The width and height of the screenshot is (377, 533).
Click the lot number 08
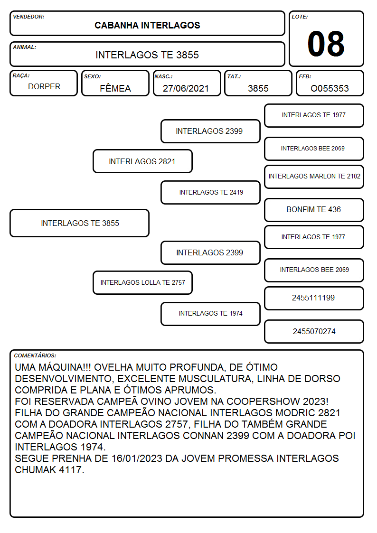tap(326, 44)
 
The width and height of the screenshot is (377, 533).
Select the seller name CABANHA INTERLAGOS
tap(147, 26)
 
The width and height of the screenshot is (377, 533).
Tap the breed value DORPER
tap(44, 87)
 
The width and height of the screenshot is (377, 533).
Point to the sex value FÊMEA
tap(115, 88)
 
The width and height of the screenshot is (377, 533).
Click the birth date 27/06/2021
tap(186, 88)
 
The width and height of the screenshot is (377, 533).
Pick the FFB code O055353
tap(330, 88)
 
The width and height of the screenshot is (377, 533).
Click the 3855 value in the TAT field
tap(258, 88)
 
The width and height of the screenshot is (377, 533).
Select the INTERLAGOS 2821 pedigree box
tap(142, 161)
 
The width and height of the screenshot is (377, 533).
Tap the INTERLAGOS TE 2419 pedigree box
tap(211, 192)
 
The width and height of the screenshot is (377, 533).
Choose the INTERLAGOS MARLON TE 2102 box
tap(314, 177)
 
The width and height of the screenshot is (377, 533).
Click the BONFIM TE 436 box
tap(314, 210)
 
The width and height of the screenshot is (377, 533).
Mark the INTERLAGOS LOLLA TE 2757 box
tap(142, 283)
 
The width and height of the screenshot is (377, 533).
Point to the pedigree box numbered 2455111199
tap(314, 298)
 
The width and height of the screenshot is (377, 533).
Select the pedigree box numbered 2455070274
tap(314, 331)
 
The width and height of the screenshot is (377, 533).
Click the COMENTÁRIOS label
tap(35, 355)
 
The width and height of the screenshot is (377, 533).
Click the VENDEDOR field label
tap(28, 17)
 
